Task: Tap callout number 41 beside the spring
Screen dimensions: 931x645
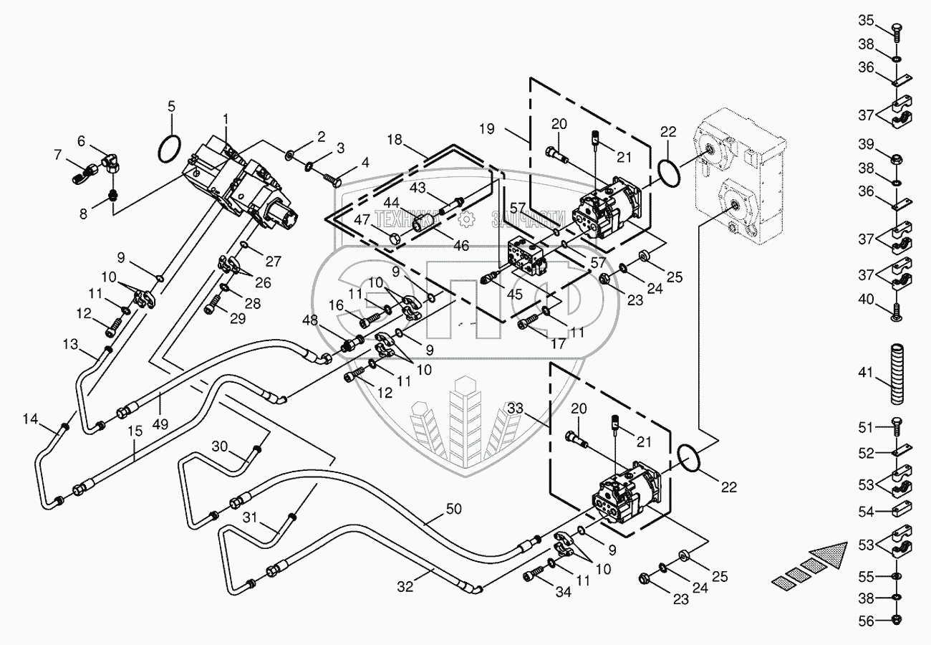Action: (866, 373)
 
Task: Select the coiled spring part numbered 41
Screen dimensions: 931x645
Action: (897, 374)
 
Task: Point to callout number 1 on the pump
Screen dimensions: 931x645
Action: (226, 120)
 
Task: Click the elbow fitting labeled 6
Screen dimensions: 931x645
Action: (112, 163)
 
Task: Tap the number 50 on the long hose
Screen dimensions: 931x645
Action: (453, 509)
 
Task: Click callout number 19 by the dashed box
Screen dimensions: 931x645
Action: (487, 129)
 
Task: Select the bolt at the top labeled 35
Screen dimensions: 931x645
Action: (896, 32)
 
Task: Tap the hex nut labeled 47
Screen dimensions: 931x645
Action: (395, 239)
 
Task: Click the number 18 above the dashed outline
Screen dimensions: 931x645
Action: (395, 140)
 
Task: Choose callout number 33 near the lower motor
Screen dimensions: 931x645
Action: (515, 408)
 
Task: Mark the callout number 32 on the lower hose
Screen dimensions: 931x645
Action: (405, 586)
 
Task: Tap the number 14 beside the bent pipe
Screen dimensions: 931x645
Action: (30, 419)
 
